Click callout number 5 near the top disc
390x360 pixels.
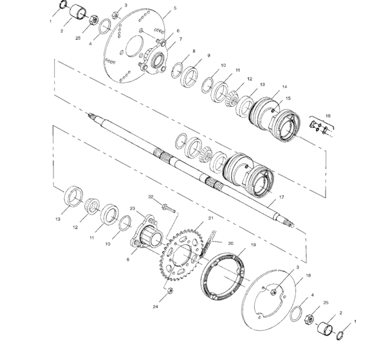tap(166, 10)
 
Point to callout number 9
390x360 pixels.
tap(209, 56)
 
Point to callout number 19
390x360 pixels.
tap(253, 246)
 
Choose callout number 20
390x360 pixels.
tap(230, 243)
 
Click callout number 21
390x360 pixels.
tap(209, 219)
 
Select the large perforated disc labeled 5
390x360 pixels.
tap(129, 48)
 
